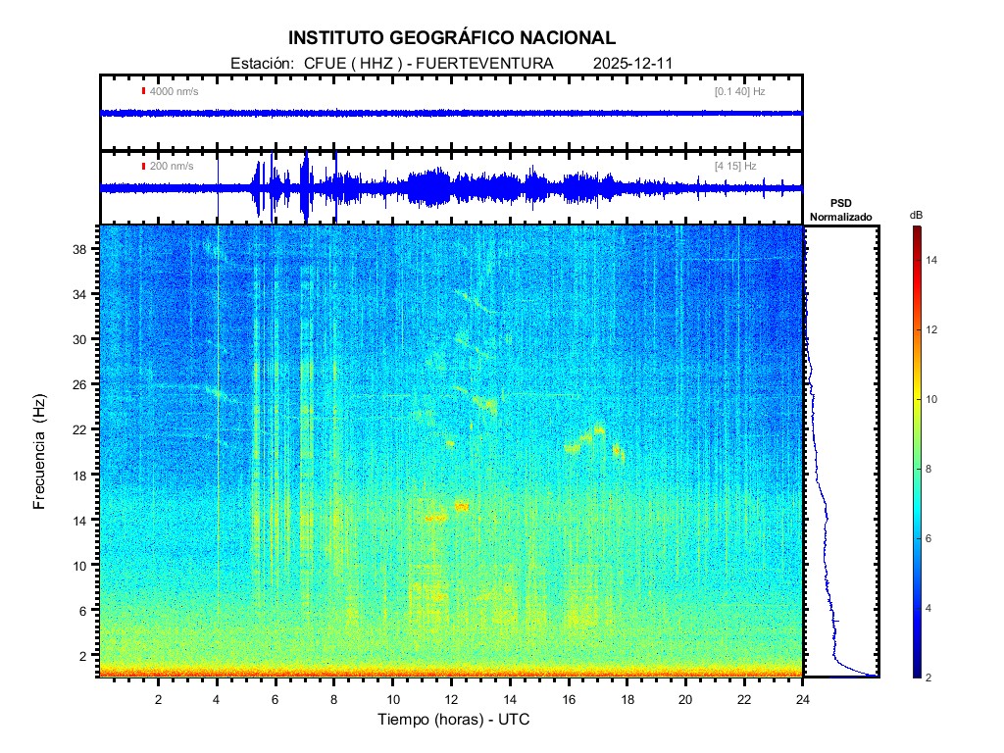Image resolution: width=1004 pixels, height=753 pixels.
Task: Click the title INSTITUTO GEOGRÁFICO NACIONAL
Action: coord(452,38)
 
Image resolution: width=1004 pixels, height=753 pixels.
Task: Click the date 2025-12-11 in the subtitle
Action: coord(632,63)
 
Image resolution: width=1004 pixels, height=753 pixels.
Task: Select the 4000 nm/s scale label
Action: coord(174,91)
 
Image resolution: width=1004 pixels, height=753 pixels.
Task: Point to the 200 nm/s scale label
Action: coord(171,166)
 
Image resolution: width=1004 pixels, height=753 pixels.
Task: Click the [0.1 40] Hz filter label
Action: coord(739,91)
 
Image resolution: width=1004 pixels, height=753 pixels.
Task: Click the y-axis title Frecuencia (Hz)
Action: coord(40,452)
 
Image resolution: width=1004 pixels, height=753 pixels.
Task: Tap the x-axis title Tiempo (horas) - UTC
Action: coord(454,719)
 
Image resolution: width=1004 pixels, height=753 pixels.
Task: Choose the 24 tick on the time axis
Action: coord(803,699)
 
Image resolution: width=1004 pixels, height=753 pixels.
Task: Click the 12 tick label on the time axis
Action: coord(451,699)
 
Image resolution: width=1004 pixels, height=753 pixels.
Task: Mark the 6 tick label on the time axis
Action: coord(276,699)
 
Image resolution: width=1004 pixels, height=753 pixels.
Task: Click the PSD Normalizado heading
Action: coord(841,210)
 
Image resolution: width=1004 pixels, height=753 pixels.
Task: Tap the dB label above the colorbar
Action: coord(916,215)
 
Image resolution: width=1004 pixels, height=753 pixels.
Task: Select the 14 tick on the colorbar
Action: coord(934,260)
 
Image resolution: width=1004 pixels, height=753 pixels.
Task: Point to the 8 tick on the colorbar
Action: coord(932,470)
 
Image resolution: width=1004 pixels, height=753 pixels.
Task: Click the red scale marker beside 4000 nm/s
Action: coord(143,91)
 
